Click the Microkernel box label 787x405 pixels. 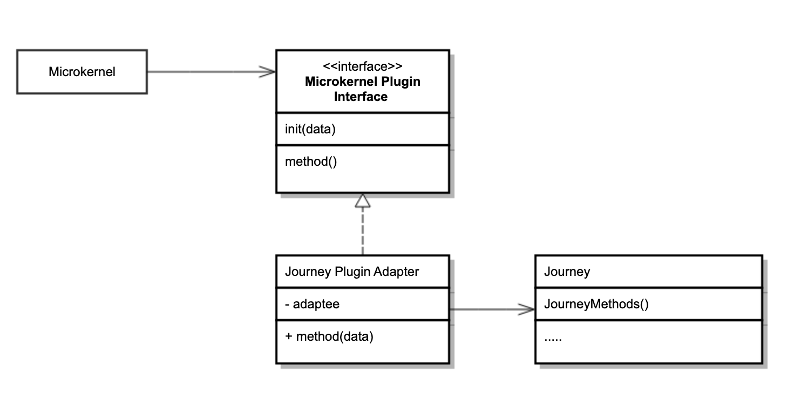tap(82, 72)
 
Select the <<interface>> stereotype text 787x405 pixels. tap(362, 66)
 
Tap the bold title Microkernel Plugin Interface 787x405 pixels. tap(362, 89)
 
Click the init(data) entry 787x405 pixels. tap(310, 130)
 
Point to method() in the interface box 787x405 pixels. tap(311, 161)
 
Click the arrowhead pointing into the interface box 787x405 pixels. tap(268, 72)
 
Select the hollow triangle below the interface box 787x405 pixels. tap(363, 201)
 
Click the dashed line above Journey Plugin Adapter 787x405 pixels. tap(363, 232)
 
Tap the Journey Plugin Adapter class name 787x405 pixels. tap(351, 272)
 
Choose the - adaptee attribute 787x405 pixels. tap(313, 304)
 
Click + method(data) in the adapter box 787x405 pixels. tap(329, 336)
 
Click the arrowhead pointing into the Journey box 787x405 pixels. tap(526, 309)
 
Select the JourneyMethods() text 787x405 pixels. tap(596, 304)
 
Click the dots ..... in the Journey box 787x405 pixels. tap(553, 339)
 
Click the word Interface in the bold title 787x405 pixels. tap(361, 97)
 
